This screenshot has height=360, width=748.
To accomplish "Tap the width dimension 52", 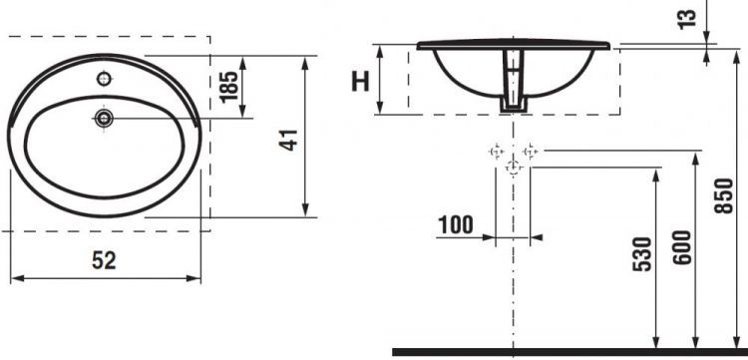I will (x=104, y=260).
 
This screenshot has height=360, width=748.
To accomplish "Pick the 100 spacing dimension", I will (x=455, y=224).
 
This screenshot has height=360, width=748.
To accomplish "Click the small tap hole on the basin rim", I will (x=104, y=78).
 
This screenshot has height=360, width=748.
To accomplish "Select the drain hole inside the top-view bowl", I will (x=104, y=119).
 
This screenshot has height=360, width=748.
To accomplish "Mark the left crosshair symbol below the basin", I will (x=495, y=152).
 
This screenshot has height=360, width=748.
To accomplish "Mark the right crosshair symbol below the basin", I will (x=530, y=152).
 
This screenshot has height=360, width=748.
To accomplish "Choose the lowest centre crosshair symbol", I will (x=513, y=169).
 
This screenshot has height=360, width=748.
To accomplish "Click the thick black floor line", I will (x=568, y=351).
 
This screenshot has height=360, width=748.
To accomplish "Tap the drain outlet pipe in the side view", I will (x=512, y=85).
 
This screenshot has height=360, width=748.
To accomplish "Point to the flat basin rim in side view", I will (x=513, y=46).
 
